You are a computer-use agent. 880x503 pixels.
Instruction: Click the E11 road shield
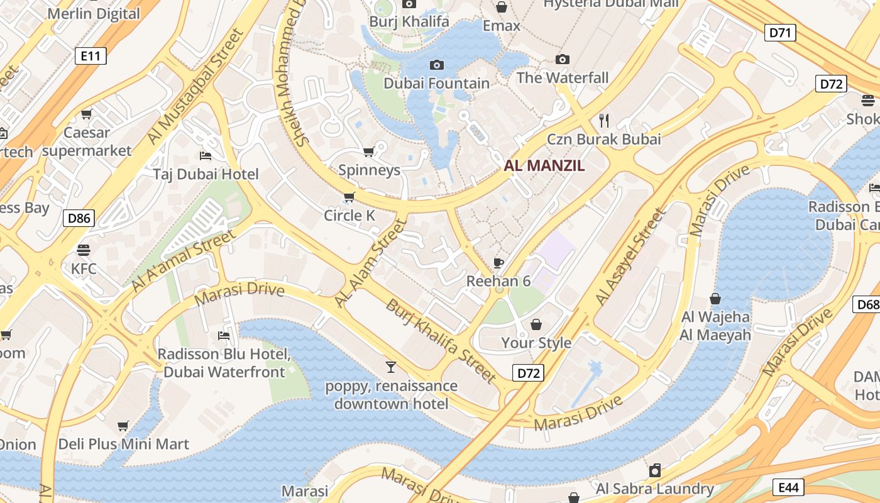pos(91,56)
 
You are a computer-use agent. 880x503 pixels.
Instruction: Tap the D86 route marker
pos(79,219)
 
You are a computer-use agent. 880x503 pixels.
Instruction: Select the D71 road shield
pos(780,33)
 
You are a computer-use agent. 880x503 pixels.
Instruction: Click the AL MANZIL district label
pos(544,166)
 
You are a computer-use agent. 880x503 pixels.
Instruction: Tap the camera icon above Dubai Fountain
pos(436,65)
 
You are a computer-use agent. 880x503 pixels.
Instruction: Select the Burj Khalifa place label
pos(409,22)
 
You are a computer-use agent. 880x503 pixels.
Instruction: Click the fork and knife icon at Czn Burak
pos(604,120)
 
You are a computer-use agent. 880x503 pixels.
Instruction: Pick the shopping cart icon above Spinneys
pos(369,152)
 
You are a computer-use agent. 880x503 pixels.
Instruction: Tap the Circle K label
pos(349,216)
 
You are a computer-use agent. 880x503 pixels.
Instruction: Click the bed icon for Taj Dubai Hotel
pos(206,155)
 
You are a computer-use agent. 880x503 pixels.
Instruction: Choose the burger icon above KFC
pos(84,250)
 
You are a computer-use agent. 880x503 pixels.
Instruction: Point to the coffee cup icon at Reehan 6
pos(498,263)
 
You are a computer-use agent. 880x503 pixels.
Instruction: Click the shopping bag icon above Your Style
pos(536,324)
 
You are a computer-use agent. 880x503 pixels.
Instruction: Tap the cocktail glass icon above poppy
pos(391,367)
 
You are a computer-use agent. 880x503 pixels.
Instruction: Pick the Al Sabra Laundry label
pos(654,489)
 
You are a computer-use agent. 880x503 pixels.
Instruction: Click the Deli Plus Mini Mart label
pos(123,444)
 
